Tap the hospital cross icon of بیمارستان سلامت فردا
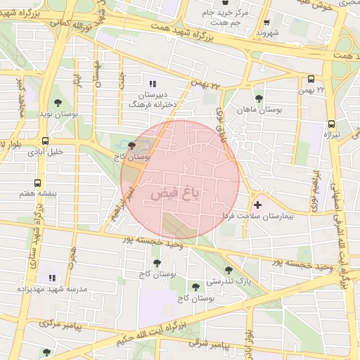[x=257, y=205]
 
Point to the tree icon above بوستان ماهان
[x=259, y=98]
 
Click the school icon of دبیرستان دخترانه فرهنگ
[x=153, y=83]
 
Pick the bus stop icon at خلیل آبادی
[x=46, y=141]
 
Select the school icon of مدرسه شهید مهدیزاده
[x=51, y=277]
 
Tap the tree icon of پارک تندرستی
[x=229, y=269]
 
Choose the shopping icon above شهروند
[x=267, y=22]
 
